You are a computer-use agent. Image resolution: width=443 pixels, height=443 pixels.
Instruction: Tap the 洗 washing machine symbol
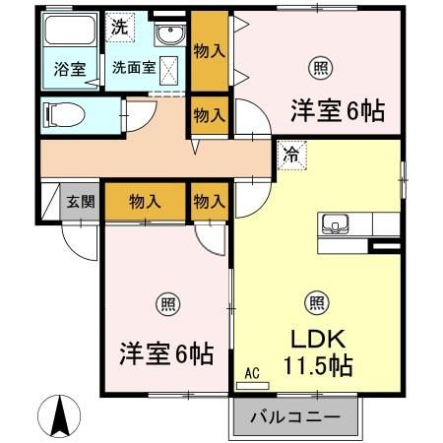click(x=117, y=28)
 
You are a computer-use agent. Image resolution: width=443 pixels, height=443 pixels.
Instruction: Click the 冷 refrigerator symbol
click(x=291, y=154)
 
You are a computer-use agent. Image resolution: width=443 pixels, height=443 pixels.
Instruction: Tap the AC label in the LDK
click(x=251, y=372)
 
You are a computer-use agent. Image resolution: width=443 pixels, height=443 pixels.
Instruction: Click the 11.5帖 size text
click(x=320, y=364)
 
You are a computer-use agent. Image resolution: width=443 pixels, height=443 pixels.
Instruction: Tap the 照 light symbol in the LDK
click(x=316, y=303)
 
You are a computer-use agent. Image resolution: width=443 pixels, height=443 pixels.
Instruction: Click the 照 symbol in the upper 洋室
click(x=321, y=68)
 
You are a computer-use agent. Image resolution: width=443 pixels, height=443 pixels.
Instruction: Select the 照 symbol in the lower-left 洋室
click(x=163, y=303)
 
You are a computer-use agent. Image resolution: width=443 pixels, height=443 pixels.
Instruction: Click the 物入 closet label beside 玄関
click(x=146, y=202)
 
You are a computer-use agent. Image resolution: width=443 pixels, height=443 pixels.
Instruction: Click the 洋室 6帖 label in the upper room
click(x=336, y=110)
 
